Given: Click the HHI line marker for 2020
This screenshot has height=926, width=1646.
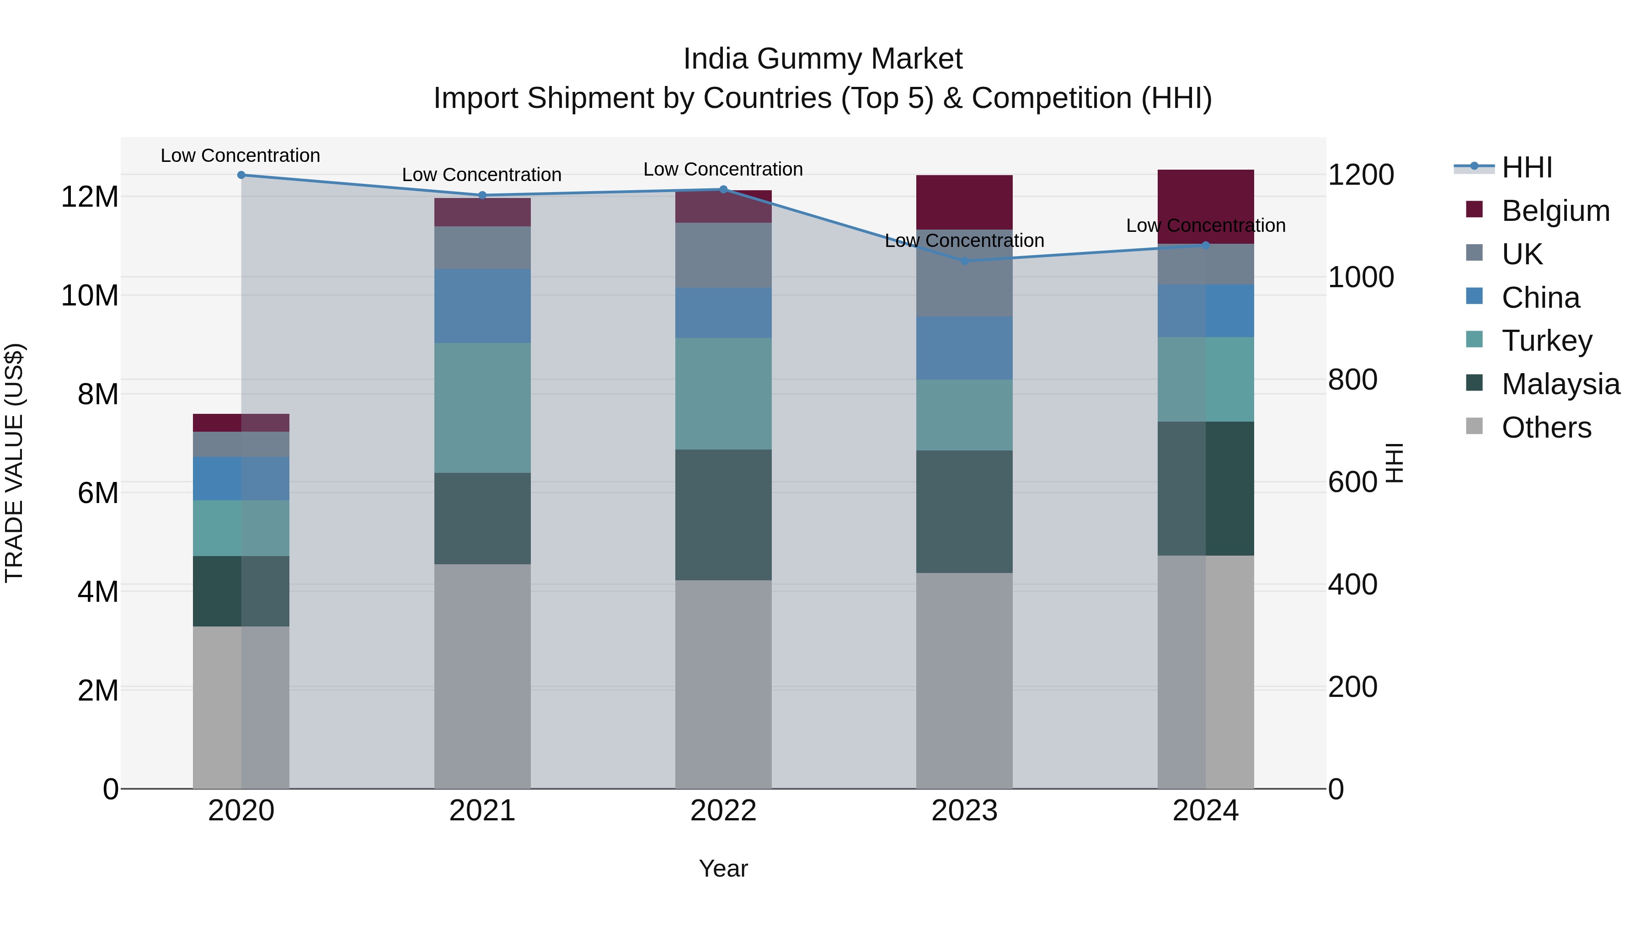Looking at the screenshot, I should (x=241, y=175).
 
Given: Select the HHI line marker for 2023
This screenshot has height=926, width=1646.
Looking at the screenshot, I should (x=964, y=261).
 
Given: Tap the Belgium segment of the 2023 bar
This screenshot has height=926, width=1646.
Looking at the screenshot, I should (x=964, y=202).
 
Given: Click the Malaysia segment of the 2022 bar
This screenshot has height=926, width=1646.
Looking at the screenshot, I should (x=723, y=514).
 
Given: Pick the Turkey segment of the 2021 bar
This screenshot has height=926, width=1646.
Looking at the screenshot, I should (x=482, y=408).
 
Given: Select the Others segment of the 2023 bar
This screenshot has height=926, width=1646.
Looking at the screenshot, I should (x=964, y=680).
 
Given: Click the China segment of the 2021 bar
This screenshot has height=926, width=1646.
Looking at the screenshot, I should (x=482, y=305).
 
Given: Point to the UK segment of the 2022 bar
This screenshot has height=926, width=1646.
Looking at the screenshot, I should (x=723, y=255).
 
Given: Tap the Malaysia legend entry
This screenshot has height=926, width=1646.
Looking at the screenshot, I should (x=1560, y=384).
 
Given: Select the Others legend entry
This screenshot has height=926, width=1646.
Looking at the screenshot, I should (x=1546, y=427).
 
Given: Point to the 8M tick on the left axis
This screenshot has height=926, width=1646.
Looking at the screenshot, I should (x=98, y=394).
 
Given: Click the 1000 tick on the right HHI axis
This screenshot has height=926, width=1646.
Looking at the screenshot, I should (x=1360, y=278).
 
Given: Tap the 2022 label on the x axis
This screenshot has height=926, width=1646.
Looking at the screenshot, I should (x=723, y=810).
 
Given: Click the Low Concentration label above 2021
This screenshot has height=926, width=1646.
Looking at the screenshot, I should (x=482, y=175).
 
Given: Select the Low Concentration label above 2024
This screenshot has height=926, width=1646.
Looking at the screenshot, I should (x=1205, y=225).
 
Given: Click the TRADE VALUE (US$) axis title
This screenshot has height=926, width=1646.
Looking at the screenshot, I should (x=15, y=463).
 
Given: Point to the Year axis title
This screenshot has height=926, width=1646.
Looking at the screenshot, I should (x=723, y=868).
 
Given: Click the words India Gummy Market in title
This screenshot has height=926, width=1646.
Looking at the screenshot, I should (x=823, y=59).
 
